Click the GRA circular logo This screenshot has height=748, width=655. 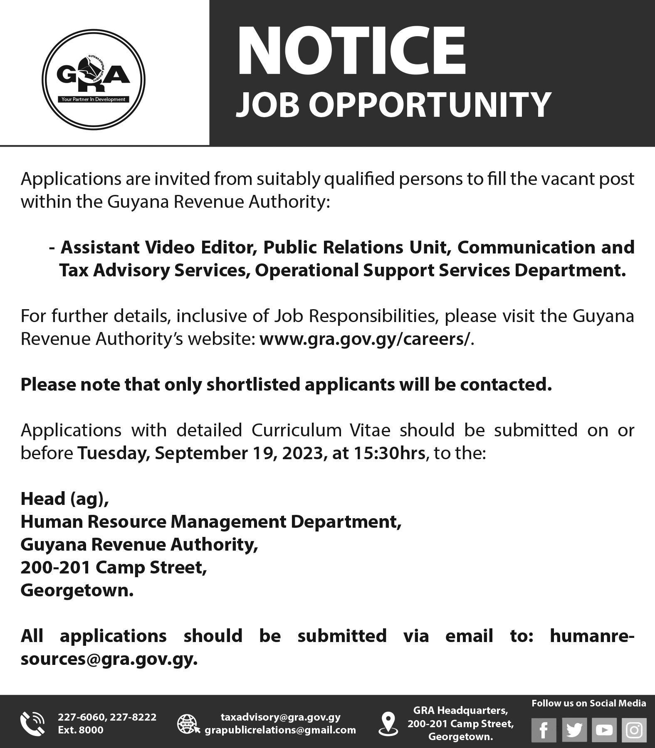pyautogui.click(x=93, y=79)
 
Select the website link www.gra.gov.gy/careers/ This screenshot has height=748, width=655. pyautogui.click(x=365, y=339)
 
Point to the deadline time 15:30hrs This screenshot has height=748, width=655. pyautogui.click(x=389, y=453)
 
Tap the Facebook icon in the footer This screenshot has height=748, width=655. pyautogui.click(x=544, y=730)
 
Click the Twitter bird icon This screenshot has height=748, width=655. pyautogui.click(x=574, y=730)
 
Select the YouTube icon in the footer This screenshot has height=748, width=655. pyautogui.click(x=604, y=730)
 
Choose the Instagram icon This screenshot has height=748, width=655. pyautogui.click(x=634, y=730)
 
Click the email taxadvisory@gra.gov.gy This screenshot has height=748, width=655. pyautogui.click(x=280, y=717)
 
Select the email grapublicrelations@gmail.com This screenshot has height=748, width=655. pyautogui.click(x=280, y=730)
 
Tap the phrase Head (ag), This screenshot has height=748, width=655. pyautogui.click(x=65, y=498)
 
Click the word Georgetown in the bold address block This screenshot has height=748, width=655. pyautogui.click(x=77, y=590)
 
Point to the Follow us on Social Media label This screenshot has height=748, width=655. pyautogui.click(x=588, y=703)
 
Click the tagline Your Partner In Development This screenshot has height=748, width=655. pyautogui.click(x=93, y=99)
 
